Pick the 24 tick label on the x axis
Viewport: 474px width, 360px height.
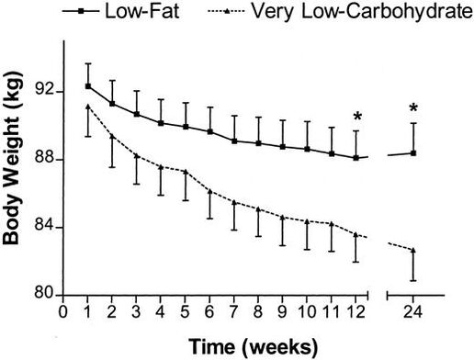tap(413, 313)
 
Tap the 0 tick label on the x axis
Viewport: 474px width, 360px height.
tap(63, 313)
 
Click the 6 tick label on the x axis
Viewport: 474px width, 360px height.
tap(209, 313)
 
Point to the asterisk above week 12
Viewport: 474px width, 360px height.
tap(356, 117)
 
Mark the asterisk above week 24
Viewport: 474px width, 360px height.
tap(413, 109)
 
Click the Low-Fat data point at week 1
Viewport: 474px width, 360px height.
tap(88, 85)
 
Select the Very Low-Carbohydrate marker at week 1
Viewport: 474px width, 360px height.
tap(88, 107)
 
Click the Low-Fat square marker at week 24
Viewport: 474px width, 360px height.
tap(413, 152)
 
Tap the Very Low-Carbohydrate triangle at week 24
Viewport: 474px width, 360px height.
tap(413, 250)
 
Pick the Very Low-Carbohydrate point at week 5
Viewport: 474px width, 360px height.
tap(186, 172)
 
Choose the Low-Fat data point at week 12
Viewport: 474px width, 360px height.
tap(355, 157)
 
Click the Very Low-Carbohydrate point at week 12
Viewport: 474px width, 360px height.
tap(355, 234)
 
